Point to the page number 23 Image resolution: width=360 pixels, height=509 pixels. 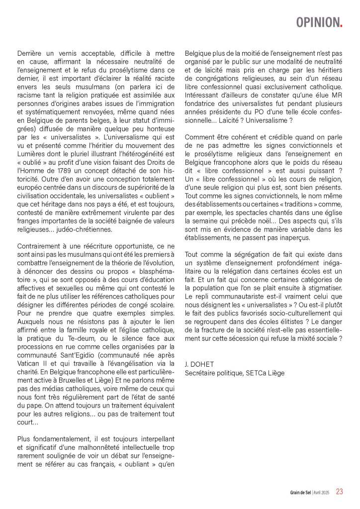340,491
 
